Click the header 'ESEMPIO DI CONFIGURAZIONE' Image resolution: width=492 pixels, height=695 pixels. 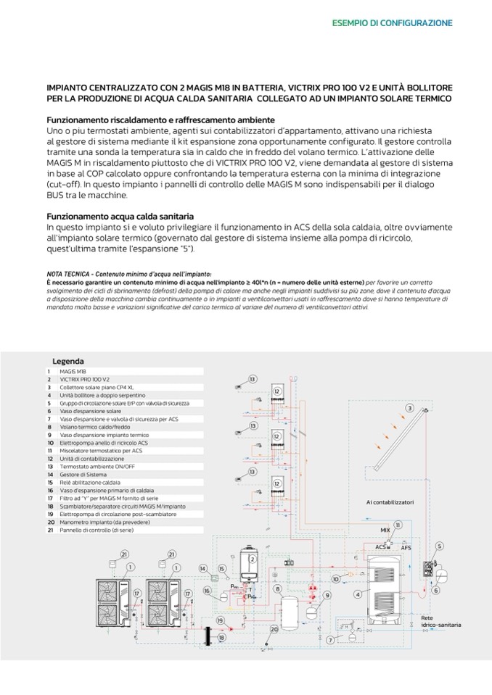click(392, 23)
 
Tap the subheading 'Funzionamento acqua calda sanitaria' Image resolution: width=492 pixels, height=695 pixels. click(120, 216)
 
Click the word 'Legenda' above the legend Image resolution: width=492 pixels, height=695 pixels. click(68, 361)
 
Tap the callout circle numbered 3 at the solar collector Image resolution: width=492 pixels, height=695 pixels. click(409, 409)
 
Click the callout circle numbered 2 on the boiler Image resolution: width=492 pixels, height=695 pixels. click(252, 559)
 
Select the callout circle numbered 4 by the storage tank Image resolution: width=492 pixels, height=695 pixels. click(356, 594)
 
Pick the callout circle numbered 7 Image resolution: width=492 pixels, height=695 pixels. click(330, 640)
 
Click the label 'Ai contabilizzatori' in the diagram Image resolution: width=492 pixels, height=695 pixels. click(390, 502)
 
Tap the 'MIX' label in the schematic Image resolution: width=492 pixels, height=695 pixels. click(385, 530)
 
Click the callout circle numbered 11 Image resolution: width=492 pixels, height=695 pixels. click(398, 524)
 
